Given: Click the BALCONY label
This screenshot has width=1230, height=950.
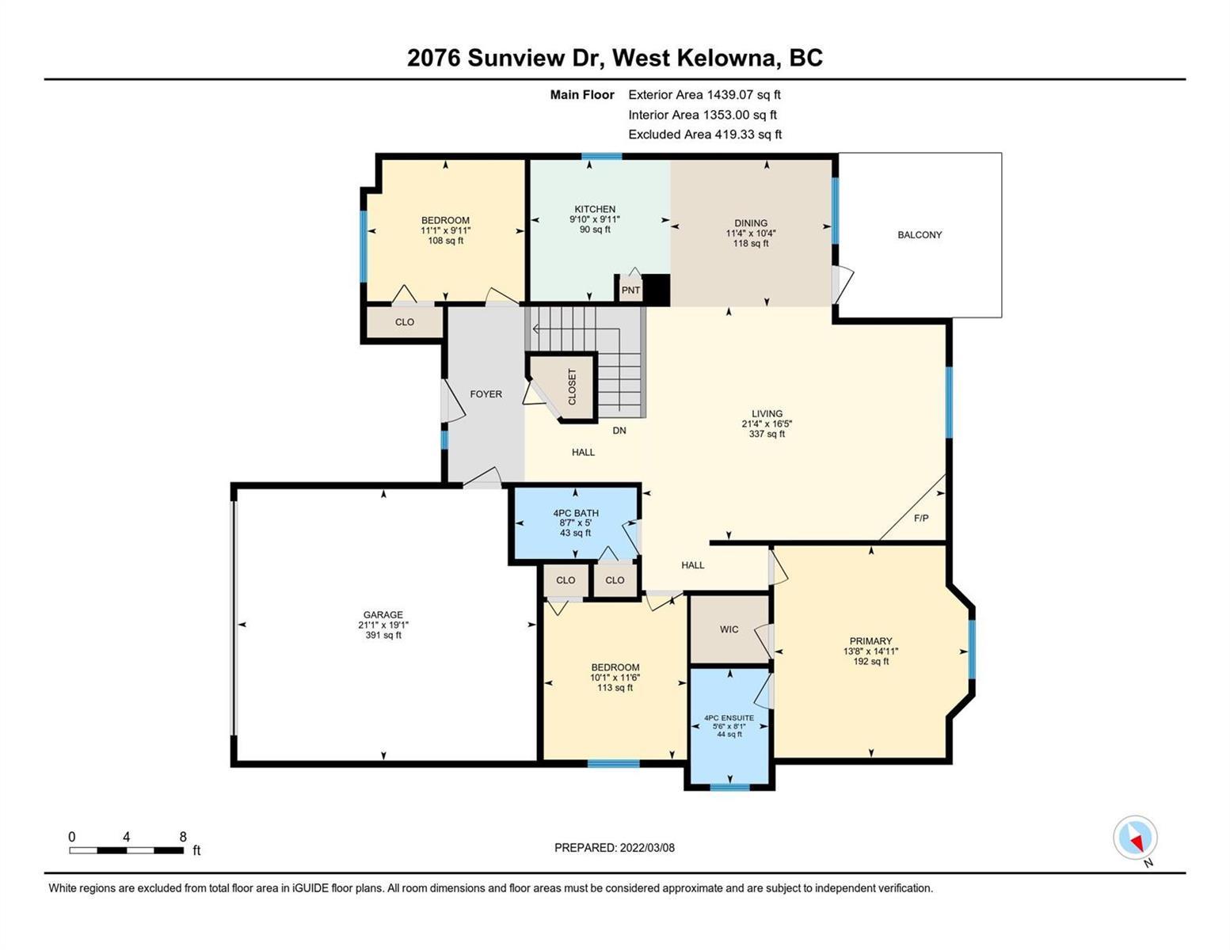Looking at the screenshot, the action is coord(920,235).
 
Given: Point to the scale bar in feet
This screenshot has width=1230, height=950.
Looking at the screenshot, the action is coord(126,850).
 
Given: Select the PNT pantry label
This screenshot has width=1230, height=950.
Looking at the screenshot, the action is coord(630,291).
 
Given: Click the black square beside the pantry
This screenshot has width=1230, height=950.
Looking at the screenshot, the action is coord(657,291).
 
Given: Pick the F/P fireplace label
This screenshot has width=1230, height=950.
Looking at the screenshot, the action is coord(921,518).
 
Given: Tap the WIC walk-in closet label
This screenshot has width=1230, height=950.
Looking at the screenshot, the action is coord(729,629).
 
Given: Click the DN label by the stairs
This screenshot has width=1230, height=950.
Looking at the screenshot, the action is coord(619,431).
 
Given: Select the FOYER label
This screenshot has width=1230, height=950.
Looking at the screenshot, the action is coord(486,394).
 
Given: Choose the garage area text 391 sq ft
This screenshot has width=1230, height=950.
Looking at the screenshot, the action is coord(383,636).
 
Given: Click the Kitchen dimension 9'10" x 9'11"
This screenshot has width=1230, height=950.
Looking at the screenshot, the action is coord(595,219).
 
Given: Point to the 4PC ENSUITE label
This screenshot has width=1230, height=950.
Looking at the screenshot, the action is coord(729,718).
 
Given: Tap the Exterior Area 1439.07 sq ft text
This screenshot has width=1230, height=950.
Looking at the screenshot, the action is coord(704,95).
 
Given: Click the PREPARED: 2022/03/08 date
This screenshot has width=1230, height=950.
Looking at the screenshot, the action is coord(614,848).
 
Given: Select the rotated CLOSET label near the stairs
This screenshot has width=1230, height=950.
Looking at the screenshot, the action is coord(572,387).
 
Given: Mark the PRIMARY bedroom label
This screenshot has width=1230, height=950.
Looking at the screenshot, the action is coord(870,641).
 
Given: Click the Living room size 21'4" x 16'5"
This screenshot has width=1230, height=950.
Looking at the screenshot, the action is coord(767,424).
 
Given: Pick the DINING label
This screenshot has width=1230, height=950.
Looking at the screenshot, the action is coord(751,223).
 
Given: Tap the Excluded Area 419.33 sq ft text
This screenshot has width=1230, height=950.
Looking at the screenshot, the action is coord(705,135).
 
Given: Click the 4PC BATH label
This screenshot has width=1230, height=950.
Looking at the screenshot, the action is coord(576,513).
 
